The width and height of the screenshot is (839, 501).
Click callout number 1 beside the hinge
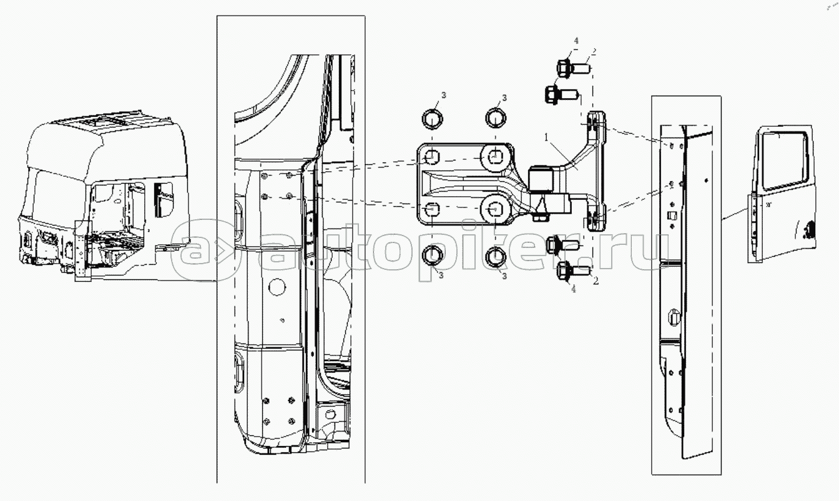pyautogui.click(x=546, y=137)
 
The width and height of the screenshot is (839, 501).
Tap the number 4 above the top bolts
pyautogui.click(x=576, y=41)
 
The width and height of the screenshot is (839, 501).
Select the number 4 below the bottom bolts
pyautogui.click(x=574, y=289)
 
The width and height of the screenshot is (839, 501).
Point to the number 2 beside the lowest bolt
pyautogui.click(x=596, y=280)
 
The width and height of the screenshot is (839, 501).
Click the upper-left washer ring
pyautogui.click(x=433, y=119)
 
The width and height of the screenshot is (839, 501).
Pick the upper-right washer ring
pyautogui.click(x=496, y=118)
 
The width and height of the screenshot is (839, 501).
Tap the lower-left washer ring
pyautogui.click(x=433, y=255)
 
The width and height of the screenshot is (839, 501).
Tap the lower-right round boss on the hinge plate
pyautogui.click(x=495, y=209)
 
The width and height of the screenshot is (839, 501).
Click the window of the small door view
pyautogui.click(x=784, y=161)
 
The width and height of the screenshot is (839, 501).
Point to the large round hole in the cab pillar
pyautogui.click(x=277, y=287)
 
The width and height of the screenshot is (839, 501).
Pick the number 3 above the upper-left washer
pyautogui.click(x=443, y=96)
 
